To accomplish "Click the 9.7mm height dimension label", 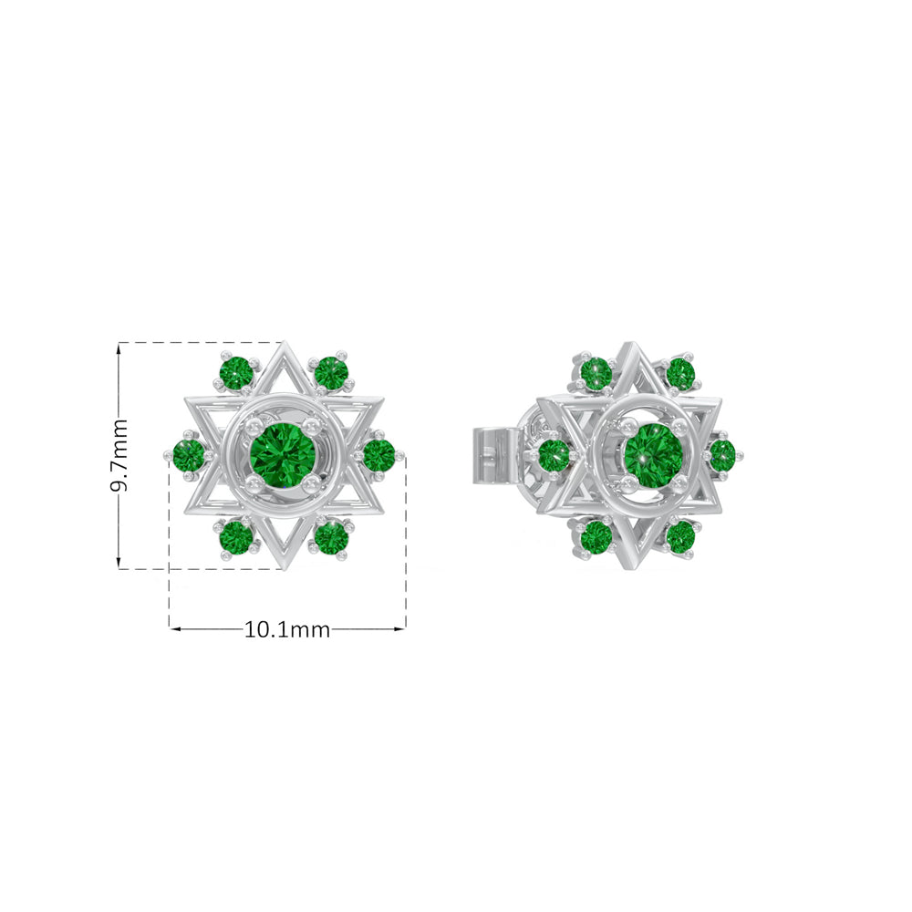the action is click(x=119, y=455).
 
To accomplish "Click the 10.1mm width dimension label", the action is click(x=286, y=629).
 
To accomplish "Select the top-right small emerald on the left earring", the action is click(x=330, y=373).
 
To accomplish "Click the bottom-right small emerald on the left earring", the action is click(x=330, y=537).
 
